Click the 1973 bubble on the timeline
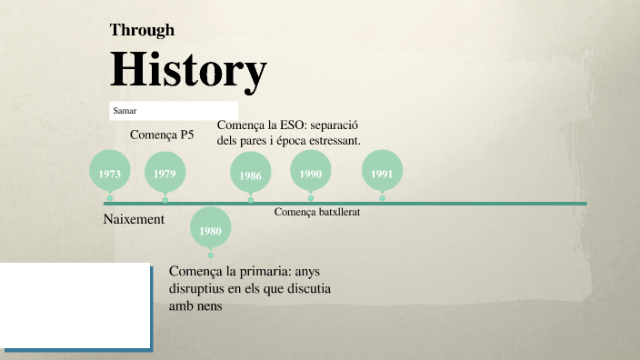pyautogui.click(x=110, y=173)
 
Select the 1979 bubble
pyautogui.click(x=165, y=173)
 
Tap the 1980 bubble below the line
pyautogui.click(x=210, y=231)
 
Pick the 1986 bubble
pyautogui.click(x=251, y=175)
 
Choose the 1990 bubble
pyautogui.click(x=311, y=173)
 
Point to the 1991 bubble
pyautogui.click(x=382, y=173)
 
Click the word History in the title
pyautogui.click(x=188, y=69)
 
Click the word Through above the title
pyautogui.click(x=142, y=30)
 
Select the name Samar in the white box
pyautogui.click(x=125, y=111)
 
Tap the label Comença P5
pyautogui.click(x=162, y=135)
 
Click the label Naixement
pyautogui.click(x=134, y=219)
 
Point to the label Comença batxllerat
pyautogui.click(x=317, y=212)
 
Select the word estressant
pyautogui.click(x=333, y=141)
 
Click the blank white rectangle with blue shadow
pyautogui.click(x=75, y=305)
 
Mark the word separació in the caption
pyautogui.click(x=335, y=125)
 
